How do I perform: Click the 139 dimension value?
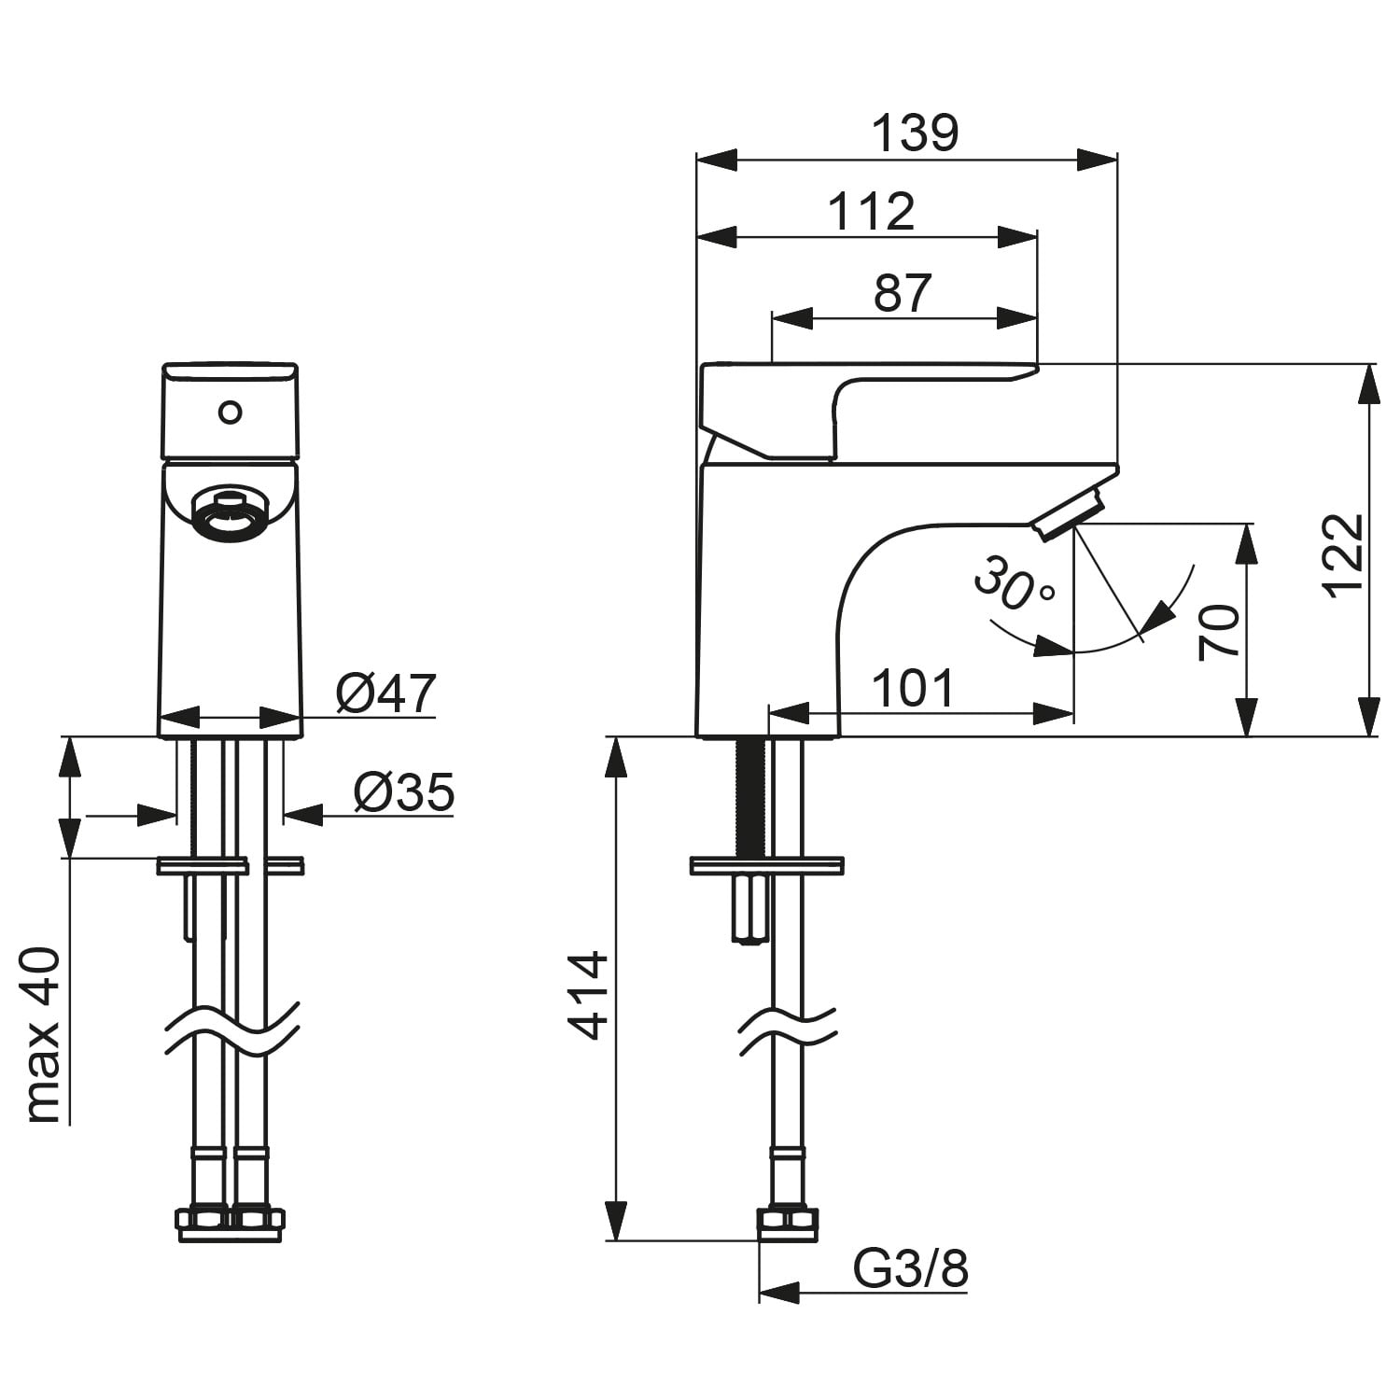click(915, 133)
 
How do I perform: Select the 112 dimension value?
click(872, 212)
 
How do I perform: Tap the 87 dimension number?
click(903, 292)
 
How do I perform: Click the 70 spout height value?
click(1219, 633)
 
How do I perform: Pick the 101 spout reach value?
click(913, 689)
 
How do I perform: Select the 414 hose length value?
click(590, 996)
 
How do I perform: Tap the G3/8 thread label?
click(911, 1269)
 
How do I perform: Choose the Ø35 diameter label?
click(404, 792)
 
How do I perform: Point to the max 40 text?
click(43, 1035)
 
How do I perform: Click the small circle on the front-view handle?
click(229, 412)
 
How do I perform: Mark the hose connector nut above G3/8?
click(788, 1225)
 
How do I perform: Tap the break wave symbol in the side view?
click(788, 1031)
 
